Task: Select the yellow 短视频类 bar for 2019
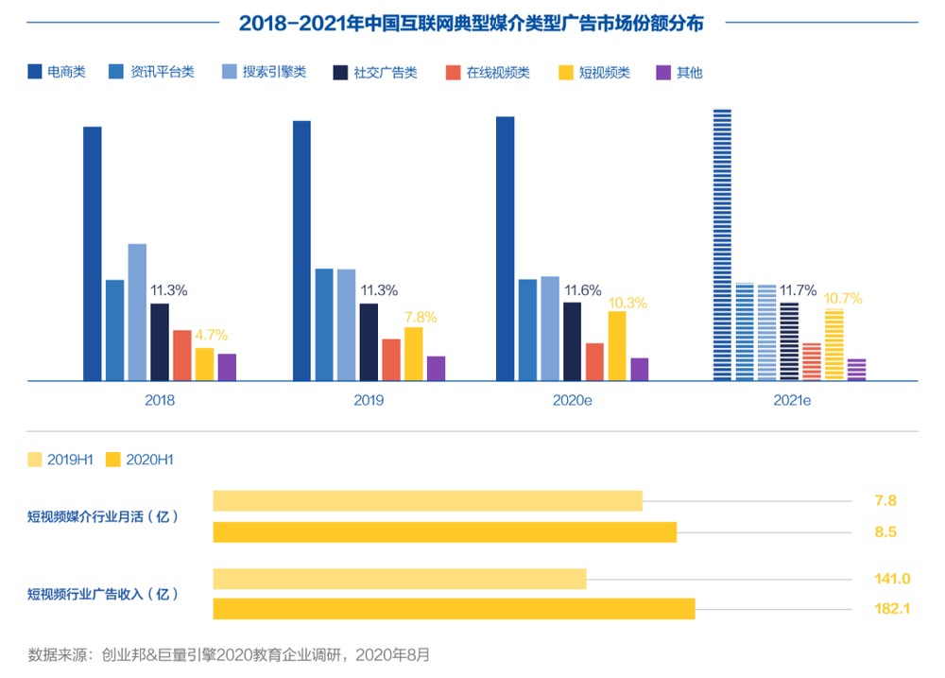point(413,354)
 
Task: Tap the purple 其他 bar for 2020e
point(640,369)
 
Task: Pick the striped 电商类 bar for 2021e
point(722,245)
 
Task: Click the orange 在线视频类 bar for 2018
point(181,356)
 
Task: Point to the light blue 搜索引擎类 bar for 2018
point(137,312)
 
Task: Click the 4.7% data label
point(211,335)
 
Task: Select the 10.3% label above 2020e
point(628,303)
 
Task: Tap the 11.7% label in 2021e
point(798,290)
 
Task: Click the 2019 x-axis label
point(369,400)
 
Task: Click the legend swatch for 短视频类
point(567,72)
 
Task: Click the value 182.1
point(892,609)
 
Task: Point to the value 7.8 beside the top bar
point(885,500)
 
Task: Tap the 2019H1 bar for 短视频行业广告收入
point(400,579)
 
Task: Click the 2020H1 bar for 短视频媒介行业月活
point(445,531)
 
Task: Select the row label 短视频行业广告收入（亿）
point(102,594)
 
